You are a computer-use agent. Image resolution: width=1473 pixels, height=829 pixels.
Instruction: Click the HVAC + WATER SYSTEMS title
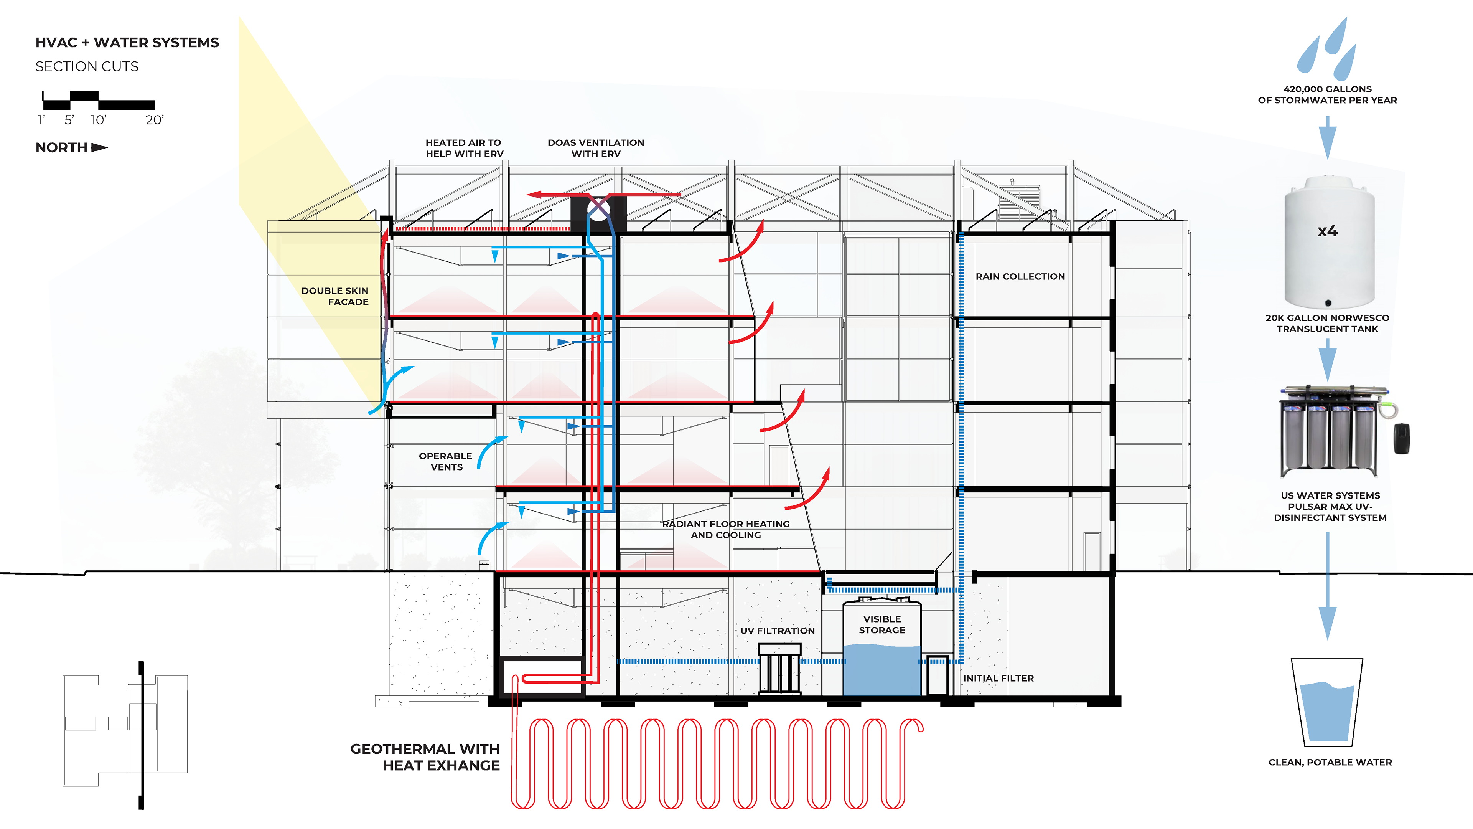click(x=127, y=43)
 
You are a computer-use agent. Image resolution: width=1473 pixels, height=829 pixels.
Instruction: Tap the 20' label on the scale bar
click(x=154, y=120)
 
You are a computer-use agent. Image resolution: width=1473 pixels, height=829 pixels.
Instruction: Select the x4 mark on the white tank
click(x=1327, y=231)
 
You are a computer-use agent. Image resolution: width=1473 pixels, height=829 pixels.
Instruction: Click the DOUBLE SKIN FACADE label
click(x=335, y=296)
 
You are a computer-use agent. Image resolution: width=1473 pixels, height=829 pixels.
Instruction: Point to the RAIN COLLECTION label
click(x=1020, y=276)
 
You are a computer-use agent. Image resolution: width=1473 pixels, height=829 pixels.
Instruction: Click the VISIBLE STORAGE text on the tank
click(x=882, y=624)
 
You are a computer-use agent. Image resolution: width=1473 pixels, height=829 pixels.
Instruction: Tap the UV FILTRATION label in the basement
click(x=777, y=631)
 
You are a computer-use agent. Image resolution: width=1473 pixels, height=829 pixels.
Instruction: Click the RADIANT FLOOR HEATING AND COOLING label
click(x=726, y=529)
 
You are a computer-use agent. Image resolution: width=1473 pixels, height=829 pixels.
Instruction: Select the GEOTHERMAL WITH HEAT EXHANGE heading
click(x=425, y=757)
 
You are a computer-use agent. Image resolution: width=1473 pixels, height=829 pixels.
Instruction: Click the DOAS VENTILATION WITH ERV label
click(x=596, y=148)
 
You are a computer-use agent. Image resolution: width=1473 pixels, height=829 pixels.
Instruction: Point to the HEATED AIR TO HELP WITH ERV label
click(x=464, y=148)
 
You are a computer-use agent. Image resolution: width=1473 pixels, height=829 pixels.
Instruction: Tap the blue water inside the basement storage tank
click(x=882, y=669)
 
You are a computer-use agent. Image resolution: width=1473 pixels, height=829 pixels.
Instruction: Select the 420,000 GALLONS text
click(x=1327, y=89)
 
